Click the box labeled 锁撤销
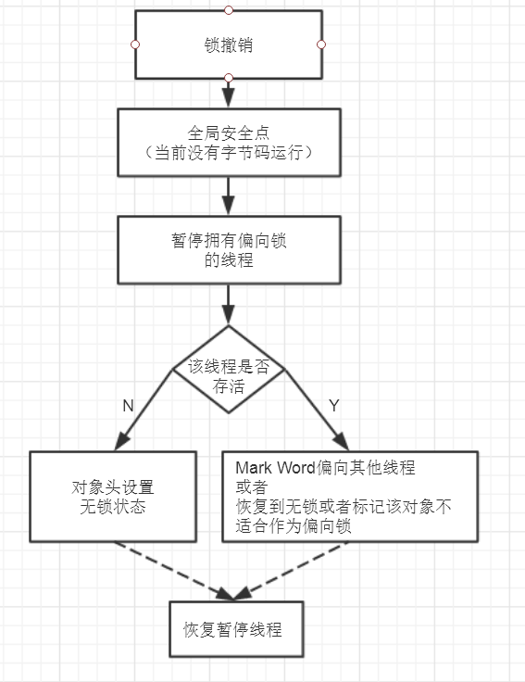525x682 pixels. click(228, 44)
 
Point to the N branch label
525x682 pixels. click(129, 405)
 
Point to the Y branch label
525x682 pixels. click(334, 405)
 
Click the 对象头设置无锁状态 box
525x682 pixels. click(112, 497)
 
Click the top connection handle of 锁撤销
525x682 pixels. click(228, 9)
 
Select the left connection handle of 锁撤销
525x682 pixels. click(135, 44)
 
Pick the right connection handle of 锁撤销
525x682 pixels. click(321, 44)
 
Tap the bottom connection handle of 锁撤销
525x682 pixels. click(228, 78)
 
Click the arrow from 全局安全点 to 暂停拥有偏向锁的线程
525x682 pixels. click(228, 196)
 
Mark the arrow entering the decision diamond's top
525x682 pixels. click(228, 304)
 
